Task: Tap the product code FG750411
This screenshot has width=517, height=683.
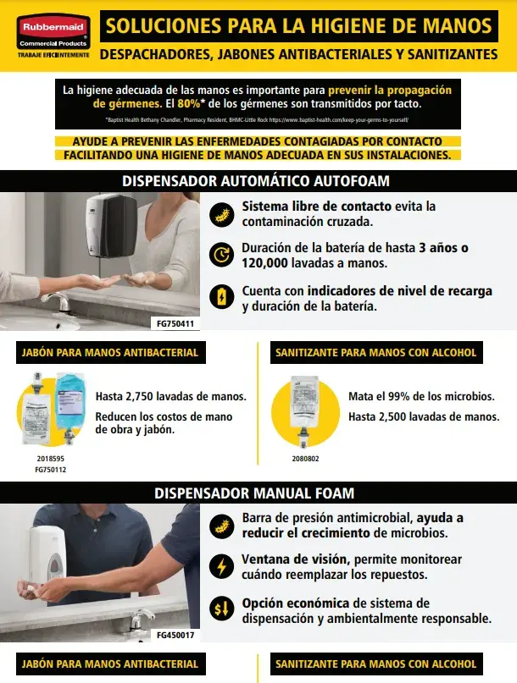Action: (177, 323)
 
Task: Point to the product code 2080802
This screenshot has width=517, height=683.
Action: (306, 458)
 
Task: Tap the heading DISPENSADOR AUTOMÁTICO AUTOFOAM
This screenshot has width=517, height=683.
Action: (256, 181)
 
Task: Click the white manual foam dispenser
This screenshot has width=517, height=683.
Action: (47, 555)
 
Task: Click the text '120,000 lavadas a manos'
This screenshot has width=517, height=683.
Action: (296, 262)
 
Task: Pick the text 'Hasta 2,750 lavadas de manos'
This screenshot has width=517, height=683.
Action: (171, 396)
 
